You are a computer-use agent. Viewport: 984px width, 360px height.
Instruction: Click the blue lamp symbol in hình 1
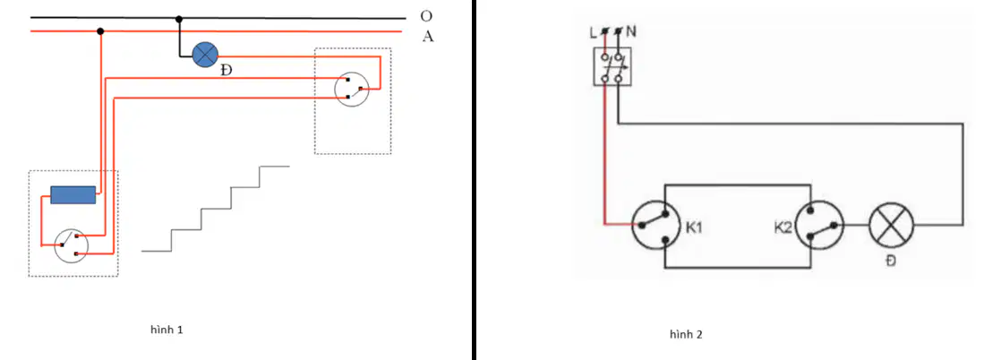point(203,56)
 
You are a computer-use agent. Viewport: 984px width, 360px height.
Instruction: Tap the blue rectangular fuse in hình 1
point(73,195)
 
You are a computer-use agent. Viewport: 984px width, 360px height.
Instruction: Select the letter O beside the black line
point(427,16)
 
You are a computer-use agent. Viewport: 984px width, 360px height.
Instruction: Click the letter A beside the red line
point(428,37)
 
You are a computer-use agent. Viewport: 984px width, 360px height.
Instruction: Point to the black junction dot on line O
point(179,18)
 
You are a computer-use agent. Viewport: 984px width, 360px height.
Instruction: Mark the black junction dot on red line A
point(100,30)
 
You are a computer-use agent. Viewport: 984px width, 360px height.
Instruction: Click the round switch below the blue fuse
point(71,245)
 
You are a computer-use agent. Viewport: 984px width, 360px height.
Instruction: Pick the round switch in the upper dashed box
point(351,89)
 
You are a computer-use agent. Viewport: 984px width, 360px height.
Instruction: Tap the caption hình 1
point(167,330)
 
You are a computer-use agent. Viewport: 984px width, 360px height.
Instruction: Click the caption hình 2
point(686,334)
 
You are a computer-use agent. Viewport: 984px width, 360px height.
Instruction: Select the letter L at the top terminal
point(594,33)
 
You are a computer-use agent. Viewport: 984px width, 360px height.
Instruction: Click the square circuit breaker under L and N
point(612,68)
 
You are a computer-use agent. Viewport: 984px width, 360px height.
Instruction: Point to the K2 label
point(783,227)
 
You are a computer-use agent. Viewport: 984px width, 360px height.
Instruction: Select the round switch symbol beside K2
point(819,226)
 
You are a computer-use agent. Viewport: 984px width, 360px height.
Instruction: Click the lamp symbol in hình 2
point(891,226)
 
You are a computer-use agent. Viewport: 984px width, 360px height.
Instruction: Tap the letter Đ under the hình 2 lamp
point(891,261)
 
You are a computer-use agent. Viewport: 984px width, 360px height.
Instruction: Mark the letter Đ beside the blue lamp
point(226,70)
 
